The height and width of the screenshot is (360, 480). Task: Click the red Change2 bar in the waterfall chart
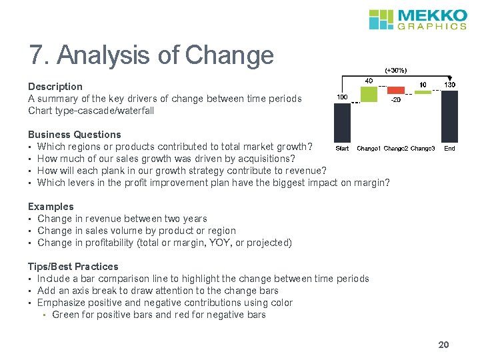pyautogui.click(x=395, y=90)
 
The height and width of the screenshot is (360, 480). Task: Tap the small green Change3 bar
pyautogui.click(x=423, y=91)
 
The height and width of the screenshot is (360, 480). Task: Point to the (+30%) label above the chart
pyautogui.click(x=395, y=70)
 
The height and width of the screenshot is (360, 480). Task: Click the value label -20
pyautogui.click(x=395, y=100)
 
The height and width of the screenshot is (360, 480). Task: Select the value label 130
pyautogui.click(x=450, y=85)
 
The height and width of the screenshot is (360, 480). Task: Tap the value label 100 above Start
pyautogui.click(x=341, y=97)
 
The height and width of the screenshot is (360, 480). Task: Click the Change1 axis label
pyautogui.click(x=369, y=148)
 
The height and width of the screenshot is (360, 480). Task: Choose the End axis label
pyautogui.click(x=450, y=148)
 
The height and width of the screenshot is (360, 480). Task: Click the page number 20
pyautogui.click(x=443, y=345)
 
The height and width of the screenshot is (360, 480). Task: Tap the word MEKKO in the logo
pyautogui.click(x=432, y=15)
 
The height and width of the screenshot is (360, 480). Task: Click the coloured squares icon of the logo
pyautogui.click(x=381, y=19)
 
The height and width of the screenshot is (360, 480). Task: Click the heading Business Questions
pyautogui.click(x=75, y=135)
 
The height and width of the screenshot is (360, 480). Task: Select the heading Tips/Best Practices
pyautogui.click(x=73, y=267)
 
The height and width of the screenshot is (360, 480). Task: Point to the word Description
pyautogui.click(x=55, y=87)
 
